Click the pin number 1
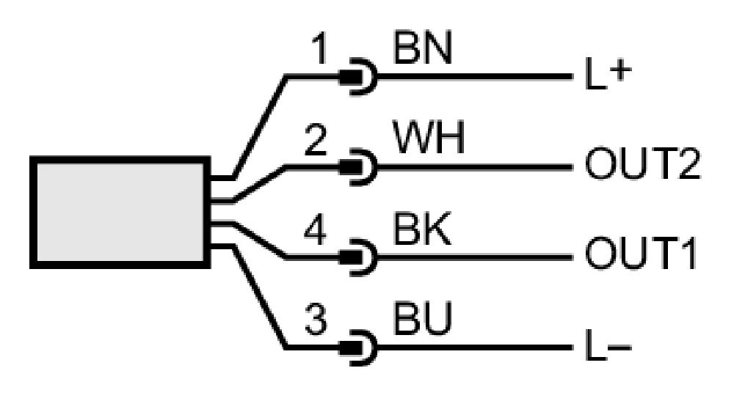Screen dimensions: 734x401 pos(319,50)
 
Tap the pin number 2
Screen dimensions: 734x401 pos(316,139)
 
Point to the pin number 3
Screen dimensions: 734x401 pos(316,320)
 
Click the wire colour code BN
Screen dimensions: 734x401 pos(423,48)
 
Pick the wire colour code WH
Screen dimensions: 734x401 pos(429,139)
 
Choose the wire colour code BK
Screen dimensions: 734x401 pos(422,229)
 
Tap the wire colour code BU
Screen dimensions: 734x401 pos(423,319)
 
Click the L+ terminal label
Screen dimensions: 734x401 pos(608,75)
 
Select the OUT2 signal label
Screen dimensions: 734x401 pos(643,164)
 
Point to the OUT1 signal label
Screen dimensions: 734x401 pos(641,254)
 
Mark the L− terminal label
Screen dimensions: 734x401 pos(608,346)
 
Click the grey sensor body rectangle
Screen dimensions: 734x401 pos(120,212)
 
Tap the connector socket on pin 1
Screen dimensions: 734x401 pos(359,77)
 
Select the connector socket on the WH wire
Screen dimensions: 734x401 pos(359,167)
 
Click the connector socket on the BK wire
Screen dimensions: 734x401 pos(359,257)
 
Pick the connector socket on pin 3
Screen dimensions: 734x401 pos(359,347)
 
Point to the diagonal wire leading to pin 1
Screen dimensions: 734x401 pos(260,127)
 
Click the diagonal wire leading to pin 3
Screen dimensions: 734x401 pos(260,297)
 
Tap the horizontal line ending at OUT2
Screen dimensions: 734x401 pos(474,167)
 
